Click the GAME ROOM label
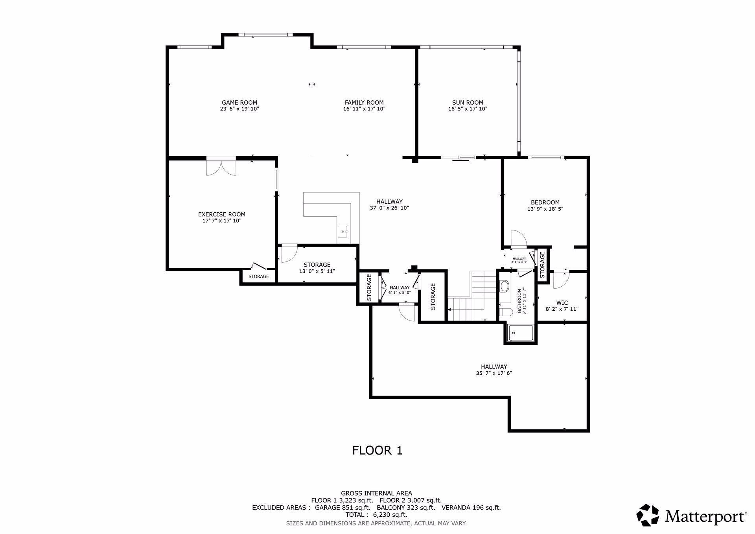pos(239,103)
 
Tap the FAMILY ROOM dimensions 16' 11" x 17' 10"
pos(364,109)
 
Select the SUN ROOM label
pos(468,103)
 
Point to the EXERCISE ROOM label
pos(221,214)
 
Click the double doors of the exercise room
pos(221,166)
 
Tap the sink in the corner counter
pos(343,232)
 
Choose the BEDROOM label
pos(545,203)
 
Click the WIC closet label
pos(562,303)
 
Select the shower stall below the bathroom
pos(521,333)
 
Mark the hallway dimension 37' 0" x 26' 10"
pos(389,208)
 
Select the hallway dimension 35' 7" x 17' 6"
pos(494,373)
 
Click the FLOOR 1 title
pos(377,450)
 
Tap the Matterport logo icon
pos(648,515)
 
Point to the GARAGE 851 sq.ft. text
pos(343,508)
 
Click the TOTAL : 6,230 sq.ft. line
pos(376,515)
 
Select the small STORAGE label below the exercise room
pos(258,276)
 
